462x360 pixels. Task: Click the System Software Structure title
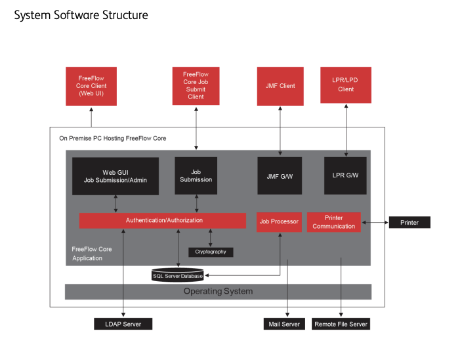click(81, 15)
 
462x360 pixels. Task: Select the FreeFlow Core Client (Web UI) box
click(91, 86)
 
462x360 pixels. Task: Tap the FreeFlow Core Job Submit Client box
click(196, 86)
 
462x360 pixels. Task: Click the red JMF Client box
click(280, 86)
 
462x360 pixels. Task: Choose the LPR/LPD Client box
click(346, 85)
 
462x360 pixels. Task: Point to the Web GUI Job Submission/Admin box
click(115, 176)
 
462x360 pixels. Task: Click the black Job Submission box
click(196, 175)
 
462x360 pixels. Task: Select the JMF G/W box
click(280, 175)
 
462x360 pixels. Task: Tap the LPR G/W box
click(346, 175)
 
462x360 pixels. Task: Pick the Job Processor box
click(279, 222)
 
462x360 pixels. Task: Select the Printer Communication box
click(333, 222)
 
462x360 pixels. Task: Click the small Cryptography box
click(210, 252)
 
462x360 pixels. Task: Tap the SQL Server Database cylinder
click(177, 275)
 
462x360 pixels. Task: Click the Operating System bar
click(218, 291)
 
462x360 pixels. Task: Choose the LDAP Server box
click(123, 324)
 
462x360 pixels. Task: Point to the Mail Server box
click(284, 324)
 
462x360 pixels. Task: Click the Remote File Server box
click(341, 324)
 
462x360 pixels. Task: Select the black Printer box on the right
click(409, 222)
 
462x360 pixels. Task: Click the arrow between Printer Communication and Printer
click(375, 222)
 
